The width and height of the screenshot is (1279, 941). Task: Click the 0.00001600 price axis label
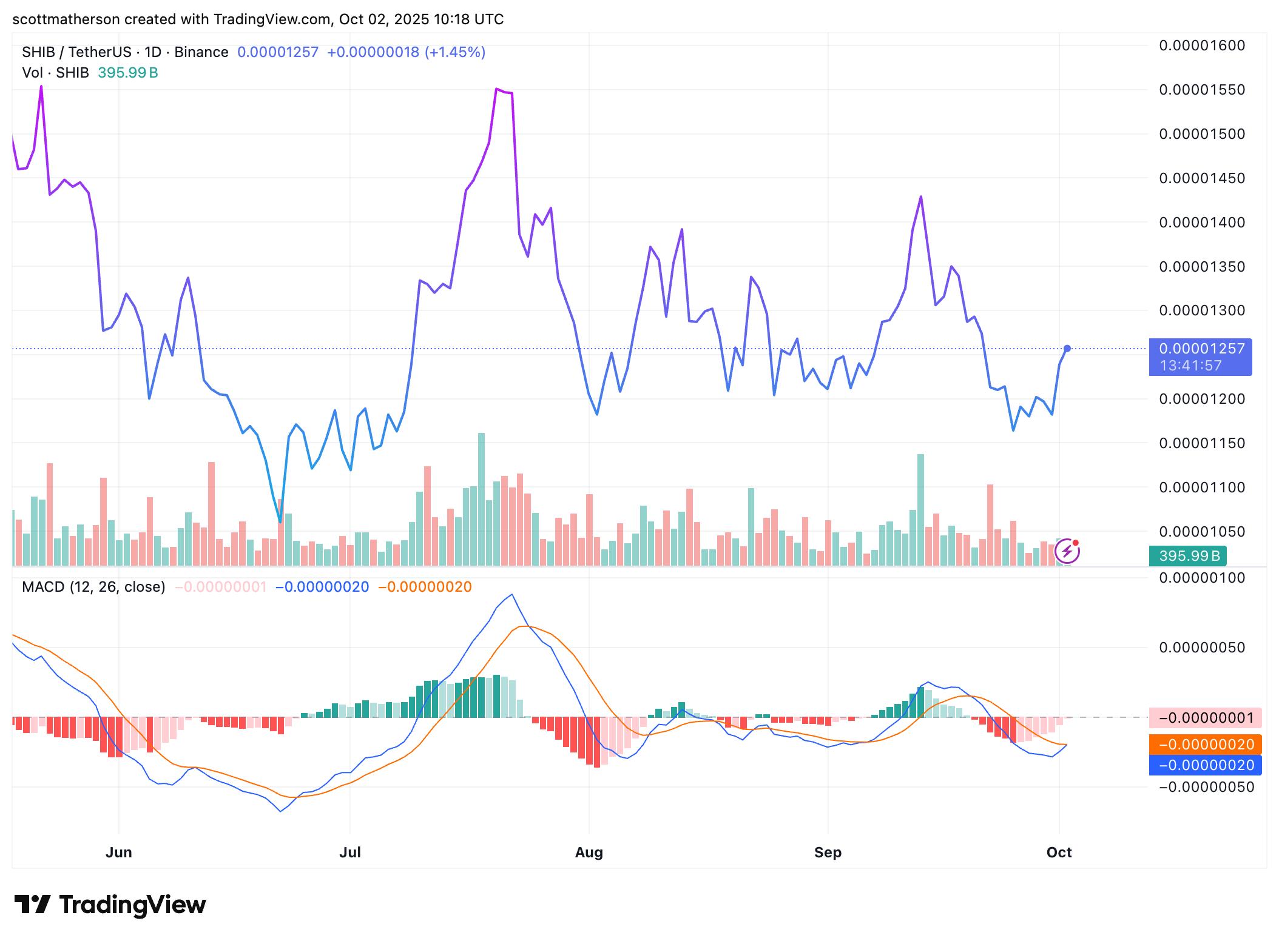(x=1201, y=45)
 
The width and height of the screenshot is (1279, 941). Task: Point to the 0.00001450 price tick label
(x=1201, y=178)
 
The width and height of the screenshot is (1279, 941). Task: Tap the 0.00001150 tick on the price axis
(x=1201, y=443)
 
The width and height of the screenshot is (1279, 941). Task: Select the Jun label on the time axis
(x=119, y=852)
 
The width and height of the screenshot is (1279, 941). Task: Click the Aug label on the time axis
(x=589, y=852)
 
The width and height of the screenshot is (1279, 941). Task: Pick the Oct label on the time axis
(x=1059, y=852)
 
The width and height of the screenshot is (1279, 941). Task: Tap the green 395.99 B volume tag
(x=1188, y=556)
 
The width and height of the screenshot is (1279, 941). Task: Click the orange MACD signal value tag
(x=1206, y=745)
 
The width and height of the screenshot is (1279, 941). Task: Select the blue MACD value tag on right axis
(x=1206, y=765)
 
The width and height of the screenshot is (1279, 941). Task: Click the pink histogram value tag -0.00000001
(x=1206, y=718)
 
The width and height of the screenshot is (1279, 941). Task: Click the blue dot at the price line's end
(x=1067, y=349)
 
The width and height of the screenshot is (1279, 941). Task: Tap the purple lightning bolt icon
(x=1067, y=551)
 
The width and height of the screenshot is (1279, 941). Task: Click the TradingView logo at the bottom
(x=110, y=905)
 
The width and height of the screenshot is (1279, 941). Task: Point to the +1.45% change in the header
(x=455, y=52)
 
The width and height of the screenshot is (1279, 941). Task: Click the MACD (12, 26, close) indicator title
(x=93, y=587)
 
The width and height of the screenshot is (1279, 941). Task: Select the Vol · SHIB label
(x=56, y=73)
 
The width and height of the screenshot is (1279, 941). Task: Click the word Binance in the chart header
(x=201, y=52)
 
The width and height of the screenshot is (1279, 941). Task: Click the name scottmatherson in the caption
(x=66, y=19)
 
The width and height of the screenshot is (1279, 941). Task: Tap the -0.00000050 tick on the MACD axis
(x=1206, y=787)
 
